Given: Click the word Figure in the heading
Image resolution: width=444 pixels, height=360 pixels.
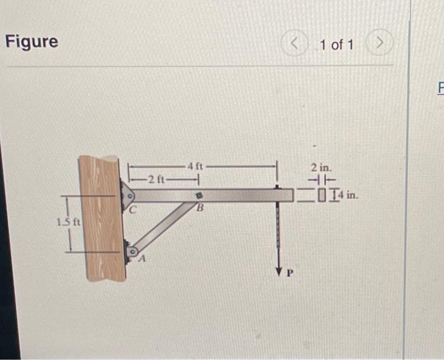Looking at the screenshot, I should pyautogui.click(x=32, y=42).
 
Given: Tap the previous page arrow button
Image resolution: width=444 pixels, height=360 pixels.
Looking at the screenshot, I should pyautogui.click(x=293, y=44).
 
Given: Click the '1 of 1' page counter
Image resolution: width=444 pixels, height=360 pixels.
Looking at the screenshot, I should pyautogui.click(x=337, y=44).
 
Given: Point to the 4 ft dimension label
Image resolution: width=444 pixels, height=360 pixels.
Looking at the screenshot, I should pyautogui.click(x=195, y=166).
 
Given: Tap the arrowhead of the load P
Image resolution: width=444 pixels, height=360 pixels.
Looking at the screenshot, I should pyautogui.click(x=278, y=271).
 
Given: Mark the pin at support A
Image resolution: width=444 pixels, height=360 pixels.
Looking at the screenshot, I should pyautogui.click(x=131, y=251).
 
